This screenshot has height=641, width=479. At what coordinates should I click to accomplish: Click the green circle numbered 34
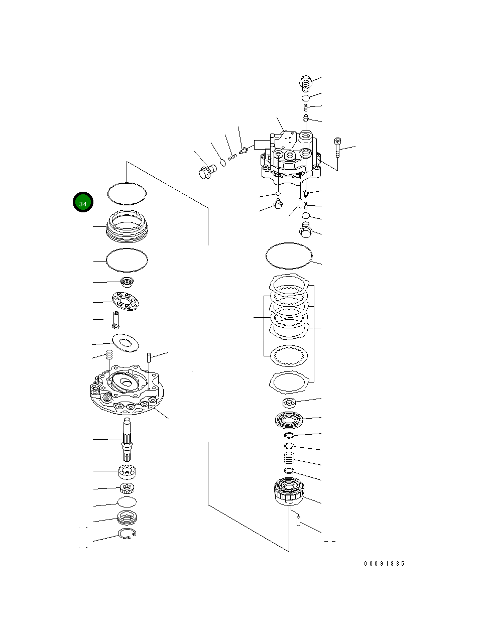click(x=83, y=202)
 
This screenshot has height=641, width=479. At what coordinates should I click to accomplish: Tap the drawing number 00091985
click(x=384, y=564)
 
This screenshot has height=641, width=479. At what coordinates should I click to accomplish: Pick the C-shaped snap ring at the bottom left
click(x=127, y=535)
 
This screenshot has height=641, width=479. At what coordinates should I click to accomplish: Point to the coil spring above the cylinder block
click(x=289, y=458)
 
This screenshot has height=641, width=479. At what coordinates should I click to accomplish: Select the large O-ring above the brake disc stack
click(x=289, y=256)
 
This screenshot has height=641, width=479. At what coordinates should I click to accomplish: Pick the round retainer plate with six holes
click(x=126, y=301)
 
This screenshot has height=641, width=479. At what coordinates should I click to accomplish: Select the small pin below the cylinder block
click(x=299, y=522)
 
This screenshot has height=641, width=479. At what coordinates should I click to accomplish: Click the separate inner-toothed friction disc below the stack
click(x=289, y=356)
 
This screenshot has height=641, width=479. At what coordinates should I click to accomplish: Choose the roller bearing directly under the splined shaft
click(x=127, y=472)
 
